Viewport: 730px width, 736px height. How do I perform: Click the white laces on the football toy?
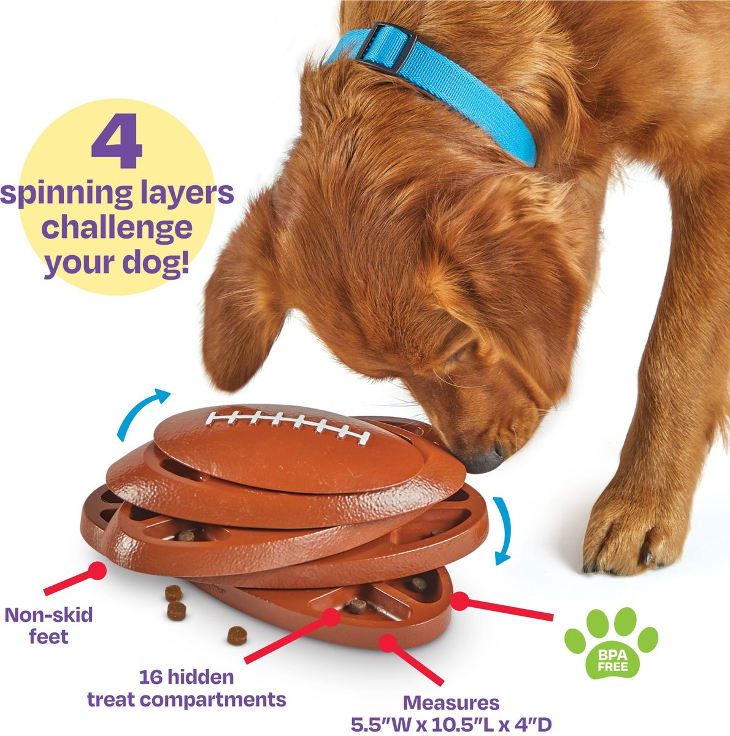point(288,425)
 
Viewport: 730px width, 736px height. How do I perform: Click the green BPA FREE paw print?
point(610,641)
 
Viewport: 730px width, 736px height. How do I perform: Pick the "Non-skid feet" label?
point(48,625)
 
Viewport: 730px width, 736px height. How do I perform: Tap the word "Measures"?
point(451,702)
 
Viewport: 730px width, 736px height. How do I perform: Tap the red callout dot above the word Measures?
point(386,642)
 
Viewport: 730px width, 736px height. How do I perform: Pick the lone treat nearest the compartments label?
point(236,635)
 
